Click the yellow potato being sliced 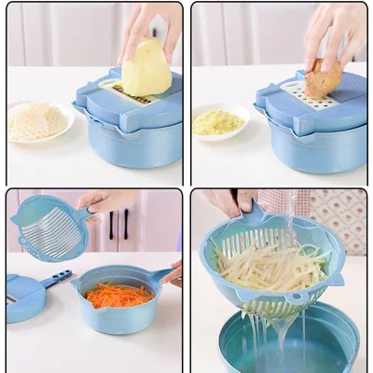[146, 67]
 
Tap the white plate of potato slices [36, 120]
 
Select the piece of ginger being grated [322, 78]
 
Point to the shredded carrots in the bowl [117, 295]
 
